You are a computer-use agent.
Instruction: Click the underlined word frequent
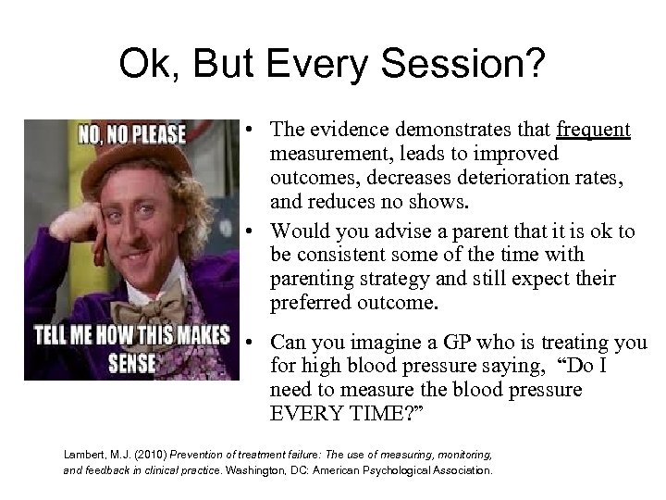coord(595,130)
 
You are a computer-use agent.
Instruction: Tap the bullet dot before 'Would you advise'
coord(252,231)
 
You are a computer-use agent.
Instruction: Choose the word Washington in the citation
coord(266,470)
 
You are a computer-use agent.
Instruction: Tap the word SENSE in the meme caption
coord(132,361)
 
